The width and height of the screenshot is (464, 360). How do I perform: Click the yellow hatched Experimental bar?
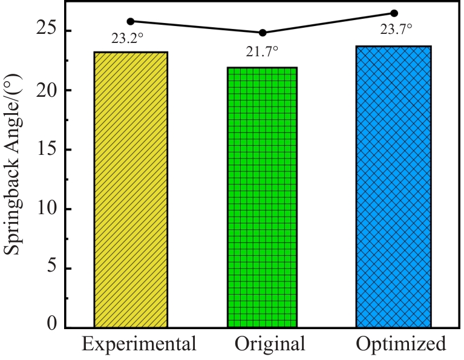tap(131, 189)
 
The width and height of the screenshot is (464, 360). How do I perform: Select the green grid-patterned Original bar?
tap(262, 197)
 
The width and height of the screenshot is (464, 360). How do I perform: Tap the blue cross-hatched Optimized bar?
tap(394, 186)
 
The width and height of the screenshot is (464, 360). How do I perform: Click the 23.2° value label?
tap(128, 38)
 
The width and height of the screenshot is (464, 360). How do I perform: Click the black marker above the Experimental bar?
tap(131, 21)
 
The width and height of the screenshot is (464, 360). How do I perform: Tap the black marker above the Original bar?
tap(263, 33)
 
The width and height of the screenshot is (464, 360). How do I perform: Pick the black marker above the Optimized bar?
tap(394, 13)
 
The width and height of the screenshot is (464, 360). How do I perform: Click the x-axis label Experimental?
tap(140, 344)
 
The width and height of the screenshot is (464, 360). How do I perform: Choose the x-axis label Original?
tap(270, 345)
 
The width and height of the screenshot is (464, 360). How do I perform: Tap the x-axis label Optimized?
tap(401, 345)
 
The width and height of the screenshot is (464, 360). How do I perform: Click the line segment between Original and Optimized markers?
tap(328, 23)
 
